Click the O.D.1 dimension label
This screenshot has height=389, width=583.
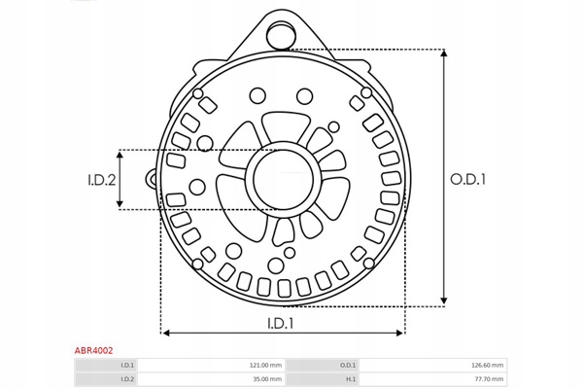pos(467,179)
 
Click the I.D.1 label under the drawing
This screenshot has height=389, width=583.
pos(281,324)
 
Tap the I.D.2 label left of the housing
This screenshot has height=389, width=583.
pos(101,180)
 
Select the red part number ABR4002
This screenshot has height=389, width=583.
pos(93,350)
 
